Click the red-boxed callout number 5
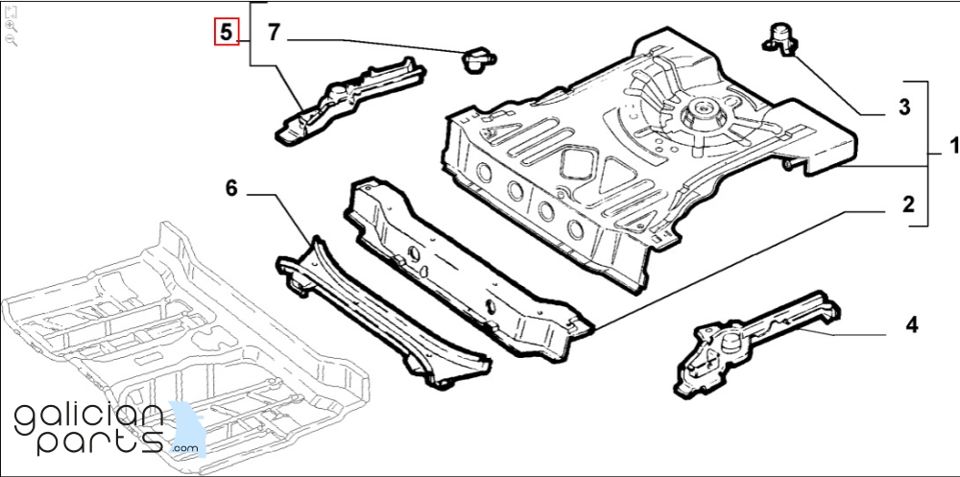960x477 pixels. (x=227, y=32)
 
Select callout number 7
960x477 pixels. (x=274, y=33)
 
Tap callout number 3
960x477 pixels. (x=904, y=107)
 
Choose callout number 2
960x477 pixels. (x=908, y=203)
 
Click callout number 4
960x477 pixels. (x=912, y=325)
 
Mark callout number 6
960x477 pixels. (x=230, y=189)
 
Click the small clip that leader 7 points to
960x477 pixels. (x=478, y=60)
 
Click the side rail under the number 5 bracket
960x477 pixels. (x=349, y=100)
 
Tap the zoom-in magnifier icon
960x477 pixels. (x=11, y=26)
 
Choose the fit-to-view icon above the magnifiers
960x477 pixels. (x=11, y=12)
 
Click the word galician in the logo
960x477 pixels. (x=88, y=418)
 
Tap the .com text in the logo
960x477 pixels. (x=185, y=448)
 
